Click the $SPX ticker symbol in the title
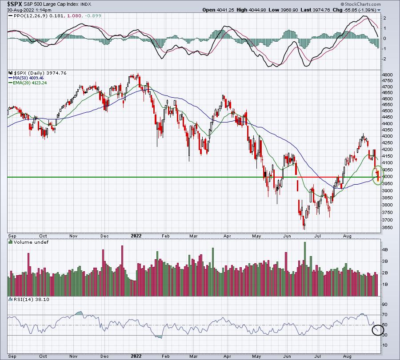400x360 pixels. coord(13,4)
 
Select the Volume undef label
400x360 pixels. coord(31,242)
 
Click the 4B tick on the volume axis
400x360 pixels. coord(385,249)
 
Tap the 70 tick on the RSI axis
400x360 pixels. coord(385,315)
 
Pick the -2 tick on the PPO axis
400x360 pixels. coord(384,59)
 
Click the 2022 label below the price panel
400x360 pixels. coord(136,236)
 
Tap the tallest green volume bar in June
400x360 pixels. coord(304,269)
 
